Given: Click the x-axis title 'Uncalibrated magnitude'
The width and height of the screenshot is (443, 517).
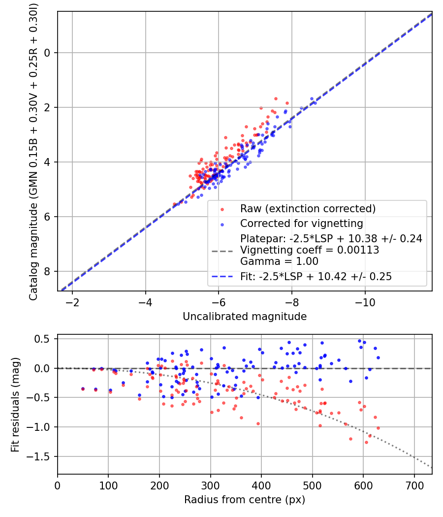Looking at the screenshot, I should (x=245, y=317).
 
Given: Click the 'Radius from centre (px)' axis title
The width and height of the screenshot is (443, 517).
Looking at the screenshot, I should (x=245, y=500).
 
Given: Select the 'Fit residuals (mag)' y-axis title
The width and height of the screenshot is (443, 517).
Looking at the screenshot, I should (x=15, y=404).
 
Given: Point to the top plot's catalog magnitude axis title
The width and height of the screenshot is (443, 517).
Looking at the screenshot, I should (x=33, y=151).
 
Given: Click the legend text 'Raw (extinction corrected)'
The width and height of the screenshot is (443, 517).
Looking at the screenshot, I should (x=308, y=209).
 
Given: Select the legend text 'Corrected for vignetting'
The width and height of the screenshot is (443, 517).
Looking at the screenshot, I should (x=301, y=224).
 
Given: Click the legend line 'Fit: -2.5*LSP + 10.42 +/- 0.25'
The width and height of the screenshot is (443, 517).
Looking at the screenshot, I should (x=316, y=277).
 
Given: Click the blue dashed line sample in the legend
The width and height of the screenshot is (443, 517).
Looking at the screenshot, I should (x=221, y=277).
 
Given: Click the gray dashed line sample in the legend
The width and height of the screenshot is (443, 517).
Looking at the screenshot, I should (x=221, y=251).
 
